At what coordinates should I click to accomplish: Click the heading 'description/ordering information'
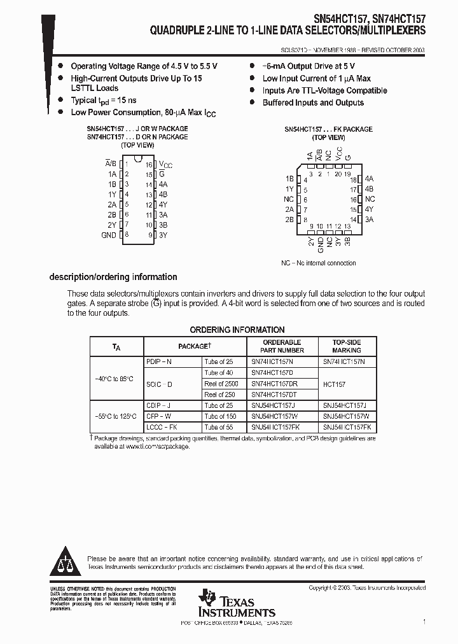click(113, 277)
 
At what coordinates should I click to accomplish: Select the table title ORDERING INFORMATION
click(237, 330)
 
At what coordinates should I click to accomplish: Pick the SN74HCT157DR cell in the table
click(274, 384)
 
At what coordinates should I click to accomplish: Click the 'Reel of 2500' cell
click(221, 384)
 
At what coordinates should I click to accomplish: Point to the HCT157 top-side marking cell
click(335, 384)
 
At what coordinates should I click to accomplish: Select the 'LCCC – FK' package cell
click(162, 427)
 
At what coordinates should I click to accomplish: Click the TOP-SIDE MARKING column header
click(347, 346)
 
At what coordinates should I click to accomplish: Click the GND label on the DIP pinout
click(109, 235)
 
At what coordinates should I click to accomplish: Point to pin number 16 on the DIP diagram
click(149, 164)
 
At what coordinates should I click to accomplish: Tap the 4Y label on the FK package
click(370, 209)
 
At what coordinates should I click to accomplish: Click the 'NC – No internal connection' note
click(319, 263)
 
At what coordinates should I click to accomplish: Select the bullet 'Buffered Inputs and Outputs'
click(313, 102)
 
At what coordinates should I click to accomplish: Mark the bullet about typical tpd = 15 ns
click(103, 101)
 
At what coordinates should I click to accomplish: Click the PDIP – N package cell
click(159, 361)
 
